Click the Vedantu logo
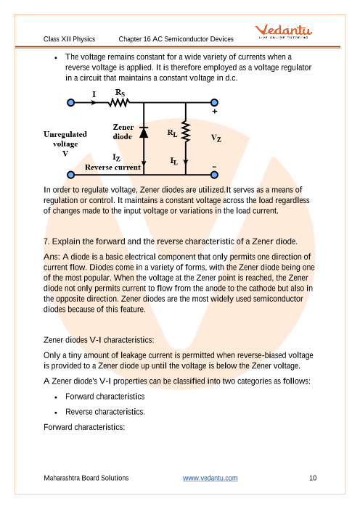pos(283,31)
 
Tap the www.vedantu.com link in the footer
pos(210,478)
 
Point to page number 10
pos(313,478)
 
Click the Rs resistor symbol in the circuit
pos(119,103)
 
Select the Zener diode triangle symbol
pos(144,132)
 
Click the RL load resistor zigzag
pos(186,132)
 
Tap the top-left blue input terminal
pos(70,103)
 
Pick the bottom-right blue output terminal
pos(214,175)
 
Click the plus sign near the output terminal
pos(214,112)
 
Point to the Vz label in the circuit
pos(216,138)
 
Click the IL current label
pos(173,161)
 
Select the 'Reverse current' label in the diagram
pos(112,167)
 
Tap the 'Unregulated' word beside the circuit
pos(65,134)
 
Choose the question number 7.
pos(46,241)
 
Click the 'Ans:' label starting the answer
pos(52,257)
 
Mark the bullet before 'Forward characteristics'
pos(56,397)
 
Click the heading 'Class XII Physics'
pos(69,39)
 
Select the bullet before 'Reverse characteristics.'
pos(56,413)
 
